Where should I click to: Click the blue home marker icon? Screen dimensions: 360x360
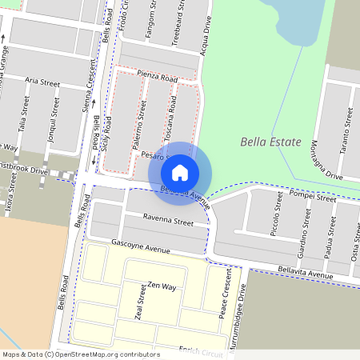180,172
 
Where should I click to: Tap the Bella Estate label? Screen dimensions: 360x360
270,142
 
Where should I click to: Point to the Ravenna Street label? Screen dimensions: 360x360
169,220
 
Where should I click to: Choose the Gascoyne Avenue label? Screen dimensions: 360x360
141,246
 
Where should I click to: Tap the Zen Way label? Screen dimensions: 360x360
161,286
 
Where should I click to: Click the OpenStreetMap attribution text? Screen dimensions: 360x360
81,354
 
